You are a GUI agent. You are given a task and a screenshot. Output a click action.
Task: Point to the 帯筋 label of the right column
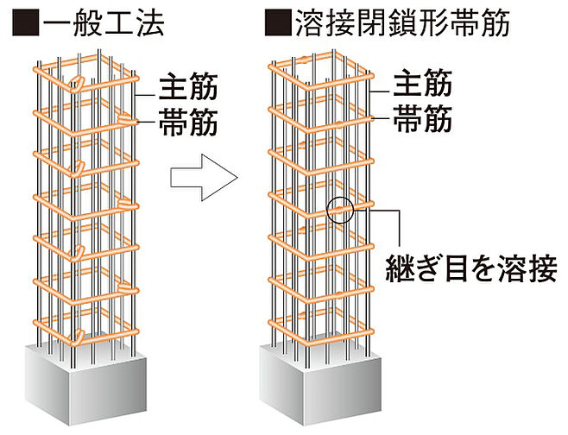(x=422, y=120)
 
